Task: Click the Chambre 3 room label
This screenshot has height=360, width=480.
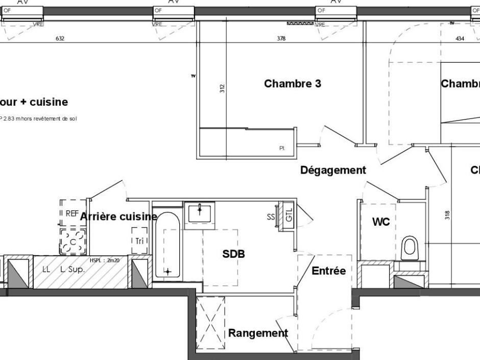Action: [x=292, y=84]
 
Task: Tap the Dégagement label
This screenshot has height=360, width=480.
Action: [x=333, y=170]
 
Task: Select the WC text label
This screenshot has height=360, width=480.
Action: [x=381, y=222]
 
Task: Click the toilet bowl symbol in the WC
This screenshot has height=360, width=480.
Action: [x=410, y=248]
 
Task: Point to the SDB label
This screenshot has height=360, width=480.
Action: [x=233, y=254]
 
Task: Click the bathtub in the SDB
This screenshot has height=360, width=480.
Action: [x=167, y=246]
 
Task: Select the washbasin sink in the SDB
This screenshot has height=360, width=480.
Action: [x=201, y=212]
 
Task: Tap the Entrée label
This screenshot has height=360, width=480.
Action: [x=328, y=271]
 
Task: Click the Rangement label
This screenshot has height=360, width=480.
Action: [x=258, y=333]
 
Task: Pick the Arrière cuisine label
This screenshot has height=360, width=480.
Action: [x=118, y=217]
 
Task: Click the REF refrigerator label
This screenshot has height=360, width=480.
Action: [x=72, y=214]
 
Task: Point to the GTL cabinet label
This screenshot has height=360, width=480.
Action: [x=289, y=217]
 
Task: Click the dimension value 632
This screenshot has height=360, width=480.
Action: [x=60, y=39]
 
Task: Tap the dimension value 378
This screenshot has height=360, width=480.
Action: [x=281, y=39]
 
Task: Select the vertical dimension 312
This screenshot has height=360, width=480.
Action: [x=222, y=88]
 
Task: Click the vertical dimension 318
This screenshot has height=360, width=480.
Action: [x=447, y=215]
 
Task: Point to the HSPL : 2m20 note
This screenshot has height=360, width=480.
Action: [x=104, y=260]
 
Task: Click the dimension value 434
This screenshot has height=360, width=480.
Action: [x=460, y=39]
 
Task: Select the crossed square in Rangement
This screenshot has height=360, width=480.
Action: [x=210, y=322]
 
